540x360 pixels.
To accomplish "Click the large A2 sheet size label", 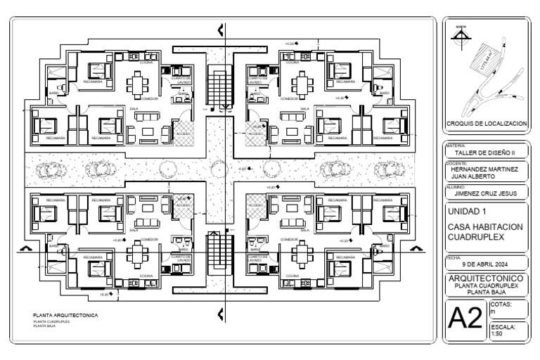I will tap(465, 321).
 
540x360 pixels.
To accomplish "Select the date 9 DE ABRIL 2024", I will tap(486, 265).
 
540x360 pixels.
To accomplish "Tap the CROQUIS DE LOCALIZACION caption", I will tap(486, 123).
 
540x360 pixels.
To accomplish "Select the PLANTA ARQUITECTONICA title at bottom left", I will tap(65, 315).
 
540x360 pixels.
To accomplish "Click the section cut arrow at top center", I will tap(221, 30).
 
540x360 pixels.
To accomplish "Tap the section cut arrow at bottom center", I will tap(221, 314).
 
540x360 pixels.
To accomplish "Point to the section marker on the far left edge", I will tap(26, 248).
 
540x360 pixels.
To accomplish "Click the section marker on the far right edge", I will tap(416, 248).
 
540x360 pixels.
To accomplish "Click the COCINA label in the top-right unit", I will tap(291, 63).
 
